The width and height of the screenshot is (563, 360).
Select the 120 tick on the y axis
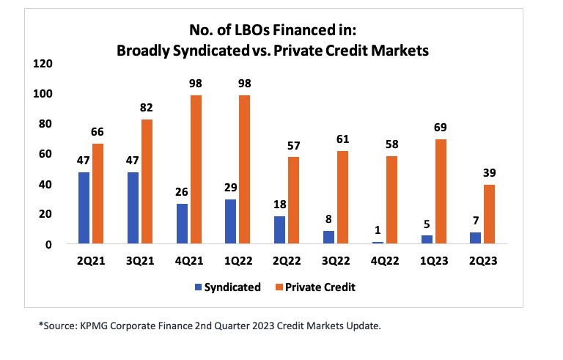43,64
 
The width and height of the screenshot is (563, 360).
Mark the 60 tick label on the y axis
45,154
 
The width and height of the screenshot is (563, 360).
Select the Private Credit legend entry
323,287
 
